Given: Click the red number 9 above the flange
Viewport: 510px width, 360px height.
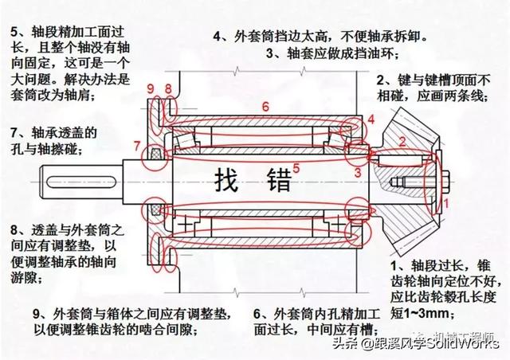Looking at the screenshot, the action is coord(151,87).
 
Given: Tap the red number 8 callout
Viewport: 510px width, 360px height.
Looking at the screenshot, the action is coord(168,87).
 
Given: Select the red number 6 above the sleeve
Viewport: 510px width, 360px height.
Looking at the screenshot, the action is coord(265,106).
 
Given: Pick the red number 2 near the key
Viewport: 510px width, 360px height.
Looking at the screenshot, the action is coord(402,141).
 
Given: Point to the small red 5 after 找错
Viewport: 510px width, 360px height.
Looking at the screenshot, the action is coord(296,167).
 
